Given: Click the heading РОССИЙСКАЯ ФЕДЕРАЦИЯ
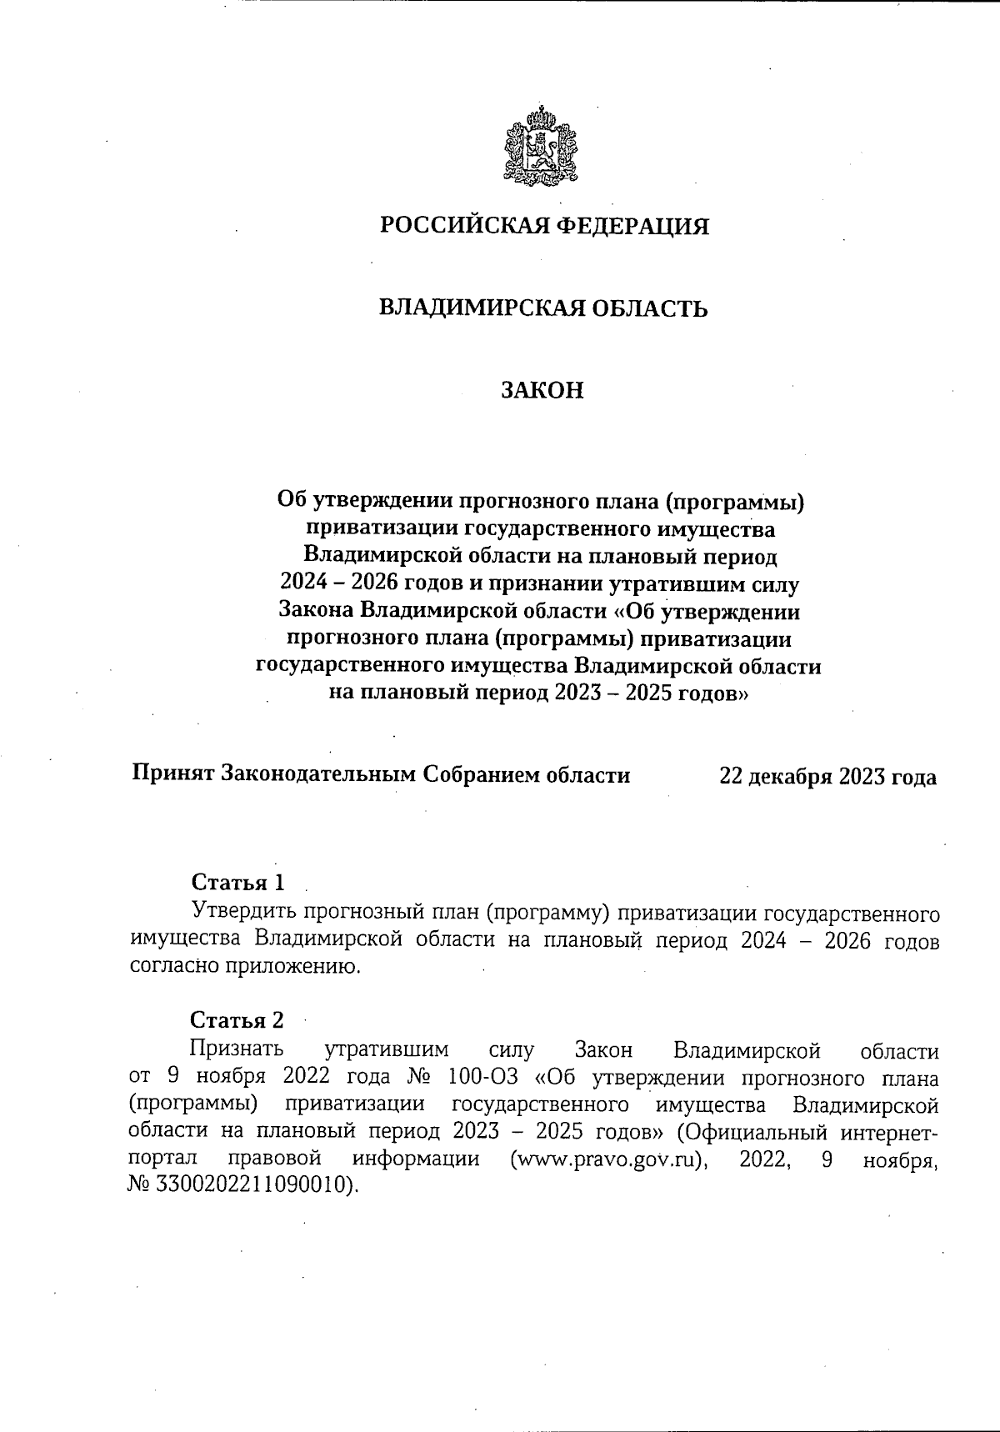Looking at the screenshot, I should (x=544, y=226).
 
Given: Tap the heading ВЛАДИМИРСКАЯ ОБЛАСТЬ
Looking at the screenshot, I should (x=543, y=308).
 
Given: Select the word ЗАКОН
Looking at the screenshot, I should (x=542, y=390).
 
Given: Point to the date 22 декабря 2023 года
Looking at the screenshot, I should (x=827, y=777).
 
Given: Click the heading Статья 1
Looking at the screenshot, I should (x=238, y=882).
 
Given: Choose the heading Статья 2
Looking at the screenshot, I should (x=237, y=1020).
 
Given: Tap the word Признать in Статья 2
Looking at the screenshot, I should (x=237, y=1049).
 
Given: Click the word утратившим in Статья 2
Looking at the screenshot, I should (x=386, y=1049).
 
